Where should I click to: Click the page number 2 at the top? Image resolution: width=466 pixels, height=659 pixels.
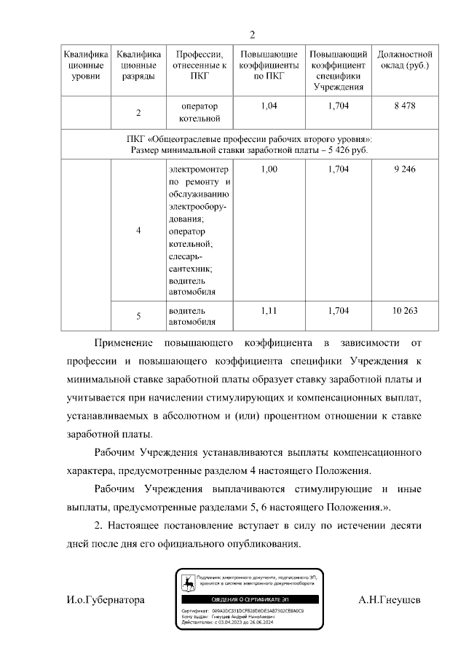[253, 35]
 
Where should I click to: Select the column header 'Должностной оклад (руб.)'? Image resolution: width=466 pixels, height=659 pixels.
[405, 60]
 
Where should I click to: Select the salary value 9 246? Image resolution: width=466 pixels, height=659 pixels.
[404, 169]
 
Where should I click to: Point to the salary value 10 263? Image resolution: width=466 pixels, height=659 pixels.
[404, 310]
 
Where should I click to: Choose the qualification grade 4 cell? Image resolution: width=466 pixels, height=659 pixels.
[138, 231]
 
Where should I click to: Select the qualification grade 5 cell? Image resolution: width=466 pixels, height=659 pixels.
[138, 316]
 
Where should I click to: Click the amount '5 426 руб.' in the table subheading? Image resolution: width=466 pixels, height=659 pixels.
[344, 150]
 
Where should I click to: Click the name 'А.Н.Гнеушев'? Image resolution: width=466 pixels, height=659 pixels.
[390, 600]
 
